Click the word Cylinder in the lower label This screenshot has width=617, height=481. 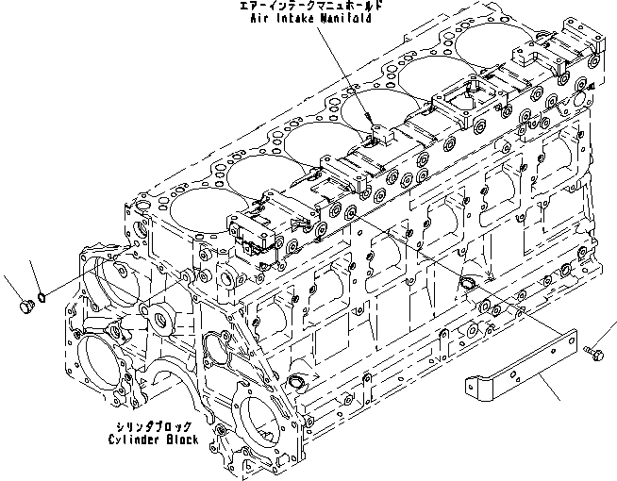(138, 440)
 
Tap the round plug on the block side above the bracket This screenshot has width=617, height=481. (470, 286)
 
